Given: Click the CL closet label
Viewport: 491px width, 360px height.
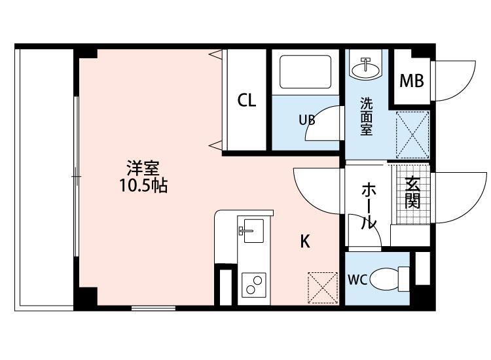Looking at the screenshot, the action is pos(247,100).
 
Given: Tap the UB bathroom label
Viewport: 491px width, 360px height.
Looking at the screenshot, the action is pos(307,120).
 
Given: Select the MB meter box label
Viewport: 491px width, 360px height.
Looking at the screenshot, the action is pos(412,81).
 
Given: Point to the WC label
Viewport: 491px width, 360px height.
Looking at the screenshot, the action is pos(357,279).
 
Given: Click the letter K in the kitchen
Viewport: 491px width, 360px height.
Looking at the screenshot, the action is pos(305,242).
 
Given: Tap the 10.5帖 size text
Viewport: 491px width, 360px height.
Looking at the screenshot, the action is pos(144,186).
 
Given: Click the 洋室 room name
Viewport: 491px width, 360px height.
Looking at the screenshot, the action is pos(143,168).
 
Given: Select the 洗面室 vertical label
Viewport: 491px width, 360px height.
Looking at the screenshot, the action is pos(366,117).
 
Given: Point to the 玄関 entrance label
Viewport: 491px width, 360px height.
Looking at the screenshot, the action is pos(412,193).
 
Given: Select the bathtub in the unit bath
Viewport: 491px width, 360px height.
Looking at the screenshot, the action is pos(305,72).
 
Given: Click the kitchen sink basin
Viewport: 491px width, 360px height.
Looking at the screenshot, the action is pos(253,230).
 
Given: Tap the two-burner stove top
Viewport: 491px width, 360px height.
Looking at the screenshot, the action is pos(253,285).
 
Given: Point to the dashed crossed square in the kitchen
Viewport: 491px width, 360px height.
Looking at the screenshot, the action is pos(323,288).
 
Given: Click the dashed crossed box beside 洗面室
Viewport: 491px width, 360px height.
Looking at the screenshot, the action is pos(412,135).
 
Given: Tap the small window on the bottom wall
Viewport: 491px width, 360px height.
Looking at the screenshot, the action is pos(153,308).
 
